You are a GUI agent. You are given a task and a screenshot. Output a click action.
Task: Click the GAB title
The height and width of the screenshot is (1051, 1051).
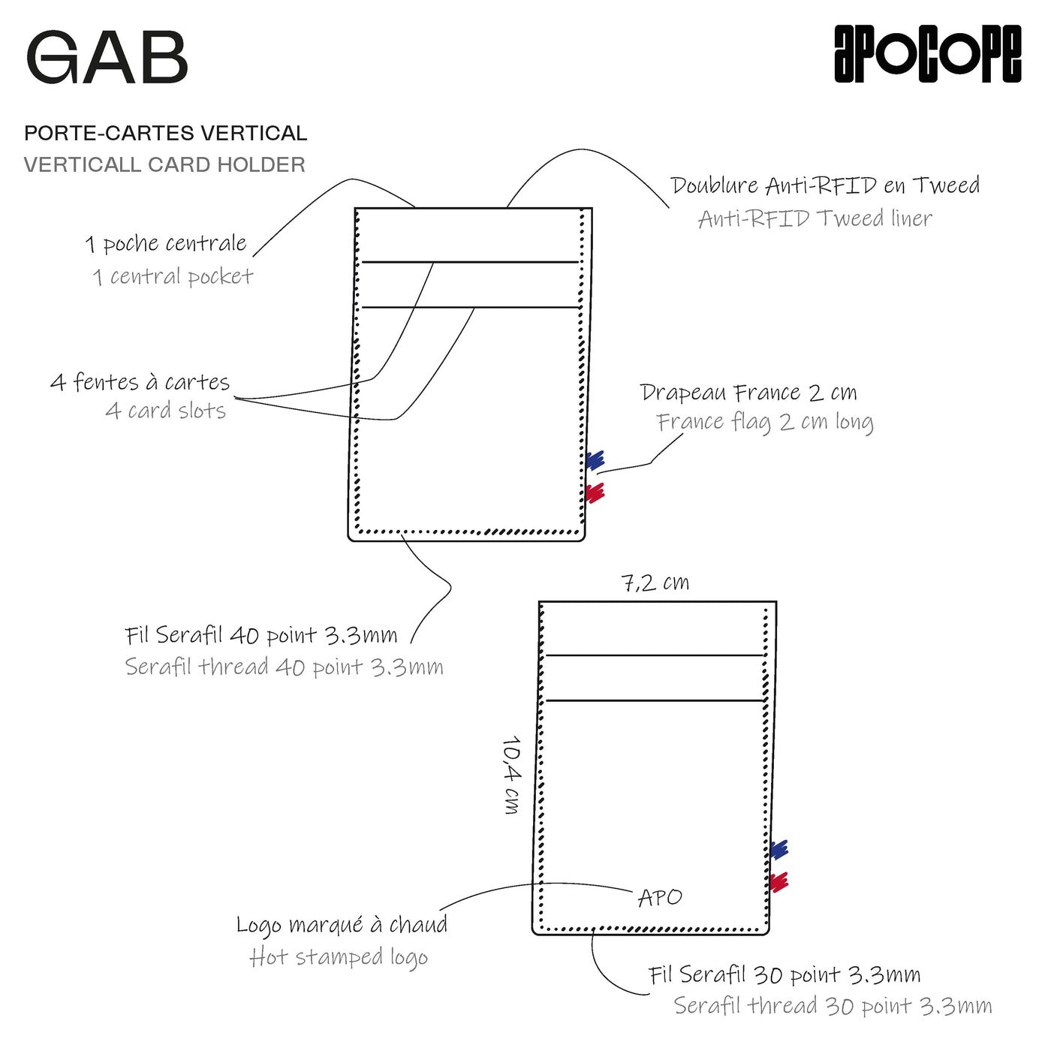click(x=107, y=58)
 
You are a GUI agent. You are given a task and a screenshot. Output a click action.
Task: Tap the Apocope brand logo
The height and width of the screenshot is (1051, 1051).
click(x=927, y=53)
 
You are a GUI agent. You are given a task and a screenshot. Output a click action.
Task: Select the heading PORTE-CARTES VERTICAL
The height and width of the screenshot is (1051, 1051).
click(x=165, y=134)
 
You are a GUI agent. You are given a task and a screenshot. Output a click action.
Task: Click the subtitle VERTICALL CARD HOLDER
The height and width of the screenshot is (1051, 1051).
click(x=164, y=164)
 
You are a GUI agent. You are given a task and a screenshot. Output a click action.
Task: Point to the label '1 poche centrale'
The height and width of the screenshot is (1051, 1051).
click(x=166, y=244)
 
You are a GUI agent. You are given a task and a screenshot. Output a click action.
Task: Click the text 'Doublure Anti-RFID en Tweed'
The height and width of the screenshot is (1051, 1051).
click(x=825, y=185)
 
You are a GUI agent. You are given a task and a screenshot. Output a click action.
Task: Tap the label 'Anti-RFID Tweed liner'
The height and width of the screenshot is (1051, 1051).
click(x=815, y=218)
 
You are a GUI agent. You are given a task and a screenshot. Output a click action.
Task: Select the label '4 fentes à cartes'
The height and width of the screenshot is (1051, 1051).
click(x=140, y=382)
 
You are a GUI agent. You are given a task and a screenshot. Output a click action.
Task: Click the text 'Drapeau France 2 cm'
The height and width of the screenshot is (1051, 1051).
click(x=748, y=393)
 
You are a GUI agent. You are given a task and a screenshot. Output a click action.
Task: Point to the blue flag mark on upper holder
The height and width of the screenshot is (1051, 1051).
click(x=595, y=460)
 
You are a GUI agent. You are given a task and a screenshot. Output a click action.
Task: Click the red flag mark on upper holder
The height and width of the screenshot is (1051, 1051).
click(x=595, y=492)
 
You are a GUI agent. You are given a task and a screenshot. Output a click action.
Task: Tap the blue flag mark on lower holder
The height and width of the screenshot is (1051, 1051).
click(x=779, y=850)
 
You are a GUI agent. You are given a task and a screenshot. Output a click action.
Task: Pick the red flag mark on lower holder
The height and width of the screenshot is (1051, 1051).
click(x=779, y=881)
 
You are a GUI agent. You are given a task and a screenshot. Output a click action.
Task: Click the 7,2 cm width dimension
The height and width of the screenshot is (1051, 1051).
click(x=655, y=583)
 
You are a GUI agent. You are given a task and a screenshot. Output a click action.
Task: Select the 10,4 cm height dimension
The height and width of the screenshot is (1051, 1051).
click(x=512, y=775)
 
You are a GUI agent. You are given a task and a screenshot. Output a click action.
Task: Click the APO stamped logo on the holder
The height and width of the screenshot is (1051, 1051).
click(x=660, y=897)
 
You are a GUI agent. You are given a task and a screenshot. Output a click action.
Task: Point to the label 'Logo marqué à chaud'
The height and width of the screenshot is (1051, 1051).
click(x=342, y=925)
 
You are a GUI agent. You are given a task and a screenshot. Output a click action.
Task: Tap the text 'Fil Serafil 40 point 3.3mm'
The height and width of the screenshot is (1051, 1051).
click(x=261, y=636)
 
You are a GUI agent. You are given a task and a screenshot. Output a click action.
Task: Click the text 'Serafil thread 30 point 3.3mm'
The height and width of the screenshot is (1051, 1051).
click(x=833, y=1005)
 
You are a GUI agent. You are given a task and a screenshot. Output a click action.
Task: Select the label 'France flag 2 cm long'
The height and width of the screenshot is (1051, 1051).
click(x=765, y=422)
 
